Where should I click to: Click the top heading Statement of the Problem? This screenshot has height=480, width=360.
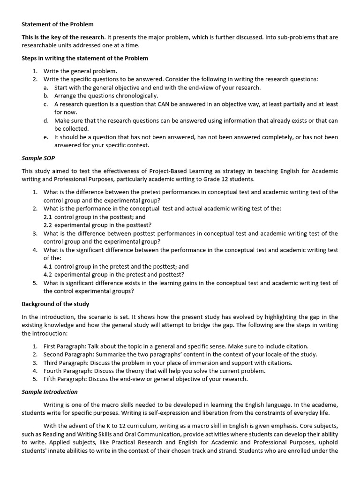click(x=57, y=24)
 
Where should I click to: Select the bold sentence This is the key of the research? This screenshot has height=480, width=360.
click(x=63, y=37)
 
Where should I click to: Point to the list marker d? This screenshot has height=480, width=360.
click(x=46, y=120)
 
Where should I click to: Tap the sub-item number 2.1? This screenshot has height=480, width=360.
click(x=48, y=217)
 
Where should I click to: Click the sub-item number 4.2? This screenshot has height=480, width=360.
click(x=48, y=275)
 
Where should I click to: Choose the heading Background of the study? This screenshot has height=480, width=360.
click(x=55, y=304)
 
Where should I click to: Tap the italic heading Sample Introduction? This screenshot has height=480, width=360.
click(x=50, y=392)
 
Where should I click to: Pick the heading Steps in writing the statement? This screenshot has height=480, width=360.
click(x=85, y=58)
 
